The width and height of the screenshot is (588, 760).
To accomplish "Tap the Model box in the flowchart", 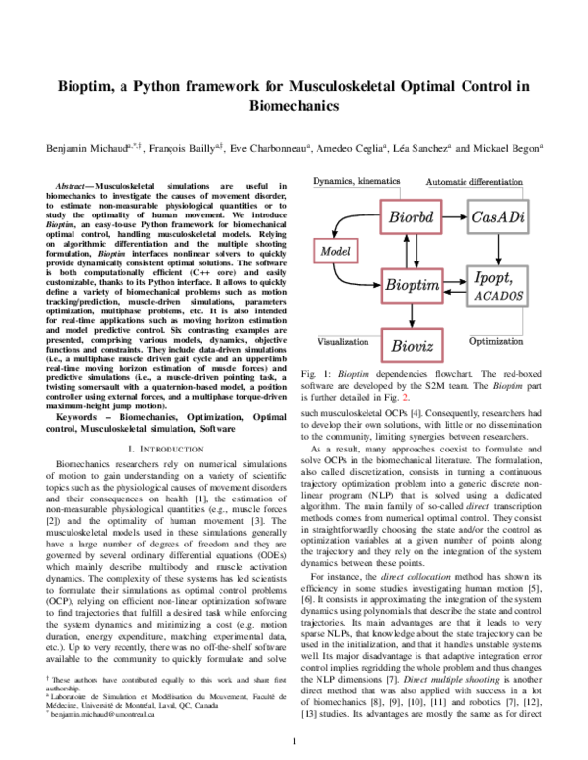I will click(334, 252).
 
